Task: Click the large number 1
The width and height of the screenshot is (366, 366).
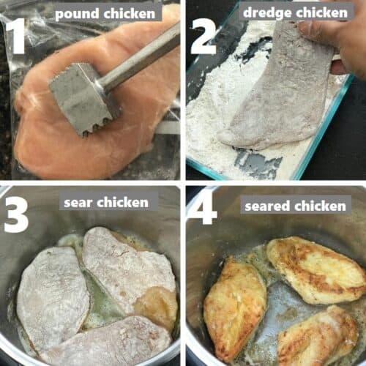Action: [16, 36]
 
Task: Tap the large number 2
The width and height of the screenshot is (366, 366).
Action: [203, 37]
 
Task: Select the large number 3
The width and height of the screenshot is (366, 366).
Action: [16, 214]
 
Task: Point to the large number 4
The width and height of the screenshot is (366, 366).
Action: [201, 207]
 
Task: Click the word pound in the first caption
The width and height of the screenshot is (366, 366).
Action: [76, 14]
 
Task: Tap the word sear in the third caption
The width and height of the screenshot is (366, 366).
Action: [78, 203]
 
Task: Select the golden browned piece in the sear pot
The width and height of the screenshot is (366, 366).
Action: [156, 305]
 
